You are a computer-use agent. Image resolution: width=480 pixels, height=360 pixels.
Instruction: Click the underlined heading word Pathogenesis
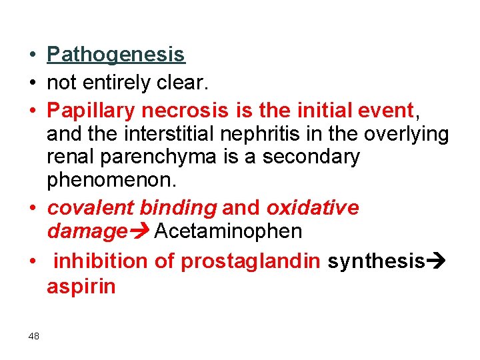click(x=116, y=54)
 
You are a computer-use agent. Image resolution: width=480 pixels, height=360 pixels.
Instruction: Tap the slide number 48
click(x=34, y=336)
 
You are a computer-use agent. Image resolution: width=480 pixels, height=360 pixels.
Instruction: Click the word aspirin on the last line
click(x=81, y=287)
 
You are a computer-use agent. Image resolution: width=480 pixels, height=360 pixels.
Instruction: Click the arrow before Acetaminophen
click(x=140, y=232)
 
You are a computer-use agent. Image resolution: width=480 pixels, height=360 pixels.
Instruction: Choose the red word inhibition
click(x=100, y=261)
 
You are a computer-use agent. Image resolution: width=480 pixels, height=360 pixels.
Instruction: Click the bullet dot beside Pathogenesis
click(x=33, y=55)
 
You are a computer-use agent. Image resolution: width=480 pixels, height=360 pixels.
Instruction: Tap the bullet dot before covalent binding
click(x=33, y=209)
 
